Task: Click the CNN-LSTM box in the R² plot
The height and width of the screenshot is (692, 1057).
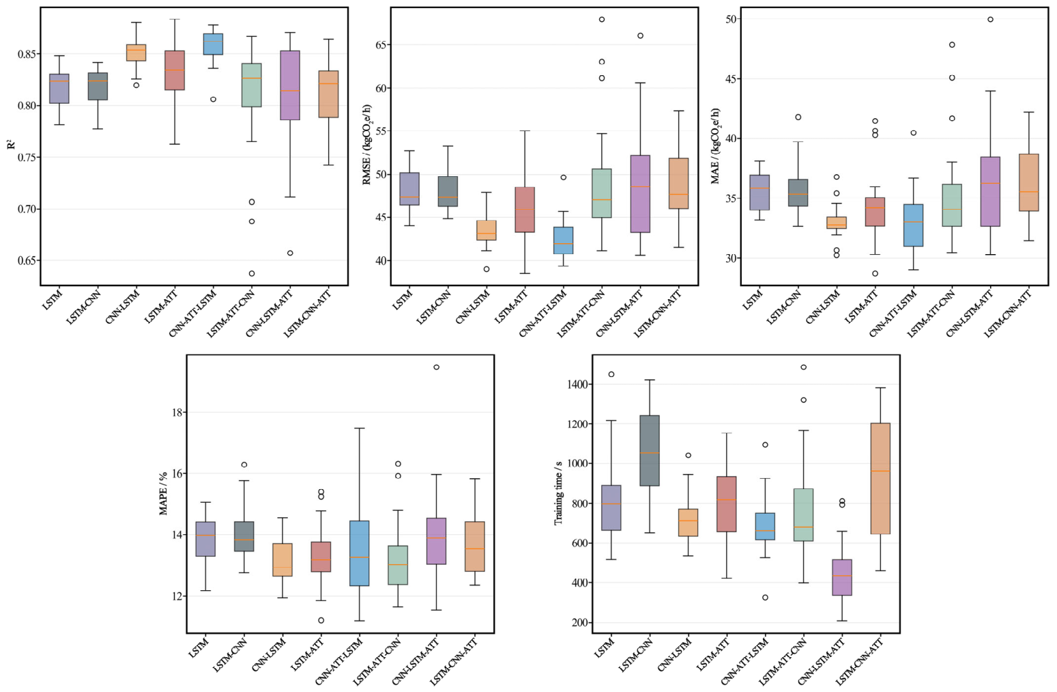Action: coord(136,53)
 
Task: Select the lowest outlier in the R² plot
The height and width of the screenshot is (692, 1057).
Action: coord(252,273)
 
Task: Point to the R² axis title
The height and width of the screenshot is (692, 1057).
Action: coord(12,143)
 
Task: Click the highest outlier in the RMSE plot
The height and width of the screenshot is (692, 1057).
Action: coord(602,19)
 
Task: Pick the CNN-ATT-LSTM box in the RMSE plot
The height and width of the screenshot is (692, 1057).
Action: coord(564,240)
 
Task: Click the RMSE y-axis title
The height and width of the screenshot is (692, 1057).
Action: coord(366,143)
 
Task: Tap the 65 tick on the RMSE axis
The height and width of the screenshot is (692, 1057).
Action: coord(379,45)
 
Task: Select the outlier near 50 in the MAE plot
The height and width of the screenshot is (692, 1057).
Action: coord(990,19)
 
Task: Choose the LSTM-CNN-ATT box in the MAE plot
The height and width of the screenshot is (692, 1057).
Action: coord(1029,182)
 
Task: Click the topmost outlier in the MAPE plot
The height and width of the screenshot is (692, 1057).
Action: coord(437,367)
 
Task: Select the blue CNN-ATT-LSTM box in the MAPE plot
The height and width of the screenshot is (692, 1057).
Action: coord(360,553)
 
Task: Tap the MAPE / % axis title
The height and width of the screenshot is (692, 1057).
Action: coord(163,494)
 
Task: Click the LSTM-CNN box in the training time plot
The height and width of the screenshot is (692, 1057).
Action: coord(650,451)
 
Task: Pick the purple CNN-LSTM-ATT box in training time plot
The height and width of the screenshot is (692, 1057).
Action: coord(842,578)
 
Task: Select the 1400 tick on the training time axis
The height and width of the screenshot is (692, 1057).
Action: coord(577,385)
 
